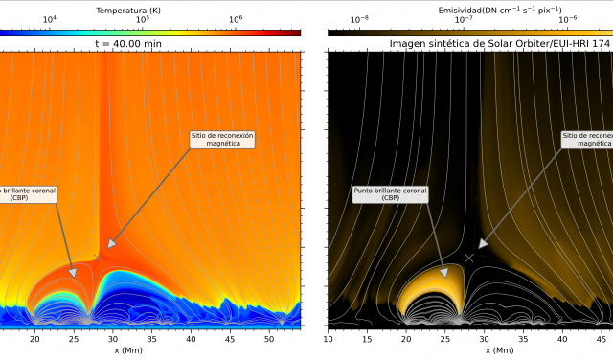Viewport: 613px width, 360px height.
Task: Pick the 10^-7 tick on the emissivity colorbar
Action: (463, 20)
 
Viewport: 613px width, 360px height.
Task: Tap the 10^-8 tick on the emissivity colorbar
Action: (359, 20)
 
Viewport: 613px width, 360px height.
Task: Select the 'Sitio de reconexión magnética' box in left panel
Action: (222, 140)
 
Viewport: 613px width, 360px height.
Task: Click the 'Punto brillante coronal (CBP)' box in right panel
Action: (390, 195)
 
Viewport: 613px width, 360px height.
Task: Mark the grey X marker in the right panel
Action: (469, 259)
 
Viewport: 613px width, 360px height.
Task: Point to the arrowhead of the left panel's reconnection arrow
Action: (109, 246)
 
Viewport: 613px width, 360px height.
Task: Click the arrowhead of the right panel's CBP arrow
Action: (445, 274)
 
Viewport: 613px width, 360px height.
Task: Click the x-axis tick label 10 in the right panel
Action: (329, 338)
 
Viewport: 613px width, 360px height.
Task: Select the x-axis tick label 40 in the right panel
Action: (562, 338)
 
